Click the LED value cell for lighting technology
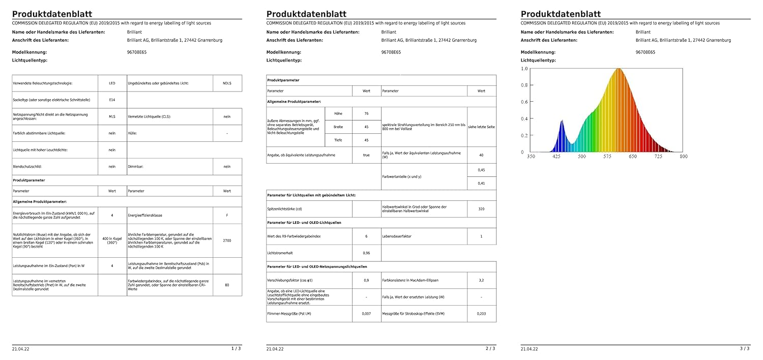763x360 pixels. (112, 83)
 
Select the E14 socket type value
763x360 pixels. (112, 100)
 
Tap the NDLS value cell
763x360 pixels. (227, 83)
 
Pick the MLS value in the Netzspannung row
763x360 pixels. (112, 116)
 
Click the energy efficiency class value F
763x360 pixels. (227, 215)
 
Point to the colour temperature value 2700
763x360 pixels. (227, 240)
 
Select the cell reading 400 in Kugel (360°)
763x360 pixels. (112, 240)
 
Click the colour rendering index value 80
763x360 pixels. (227, 285)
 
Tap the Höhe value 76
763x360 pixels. (366, 113)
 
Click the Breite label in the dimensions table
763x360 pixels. (338, 127)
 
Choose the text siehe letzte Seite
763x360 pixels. (481, 127)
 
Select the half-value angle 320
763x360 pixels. (481, 208)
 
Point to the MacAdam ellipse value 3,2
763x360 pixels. (481, 280)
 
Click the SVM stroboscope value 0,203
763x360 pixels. (481, 313)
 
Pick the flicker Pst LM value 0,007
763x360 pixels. (366, 313)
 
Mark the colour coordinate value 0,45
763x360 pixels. (481, 170)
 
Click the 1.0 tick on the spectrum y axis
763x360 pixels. (524, 69)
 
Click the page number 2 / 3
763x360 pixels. (490, 348)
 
